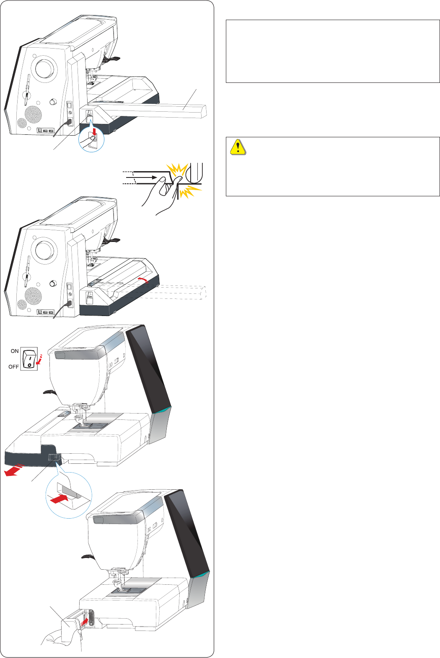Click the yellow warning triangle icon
pyautogui.click(x=238, y=147)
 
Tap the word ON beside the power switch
pyautogui.click(x=15, y=351)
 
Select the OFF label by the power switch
pyautogui.click(x=14, y=367)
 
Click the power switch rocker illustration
pyautogui.click(x=28, y=358)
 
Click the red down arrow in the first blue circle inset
pyautogui.click(x=94, y=132)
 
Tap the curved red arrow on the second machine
pyautogui.click(x=143, y=279)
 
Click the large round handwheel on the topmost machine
pyautogui.click(x=44, y=68)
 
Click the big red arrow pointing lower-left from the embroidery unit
pyautogui.click(x=13, y=471)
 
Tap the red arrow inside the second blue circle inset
pyautogui.click(x=58, y=499)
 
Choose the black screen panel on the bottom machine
pyautogui.click(x=187, y=532)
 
